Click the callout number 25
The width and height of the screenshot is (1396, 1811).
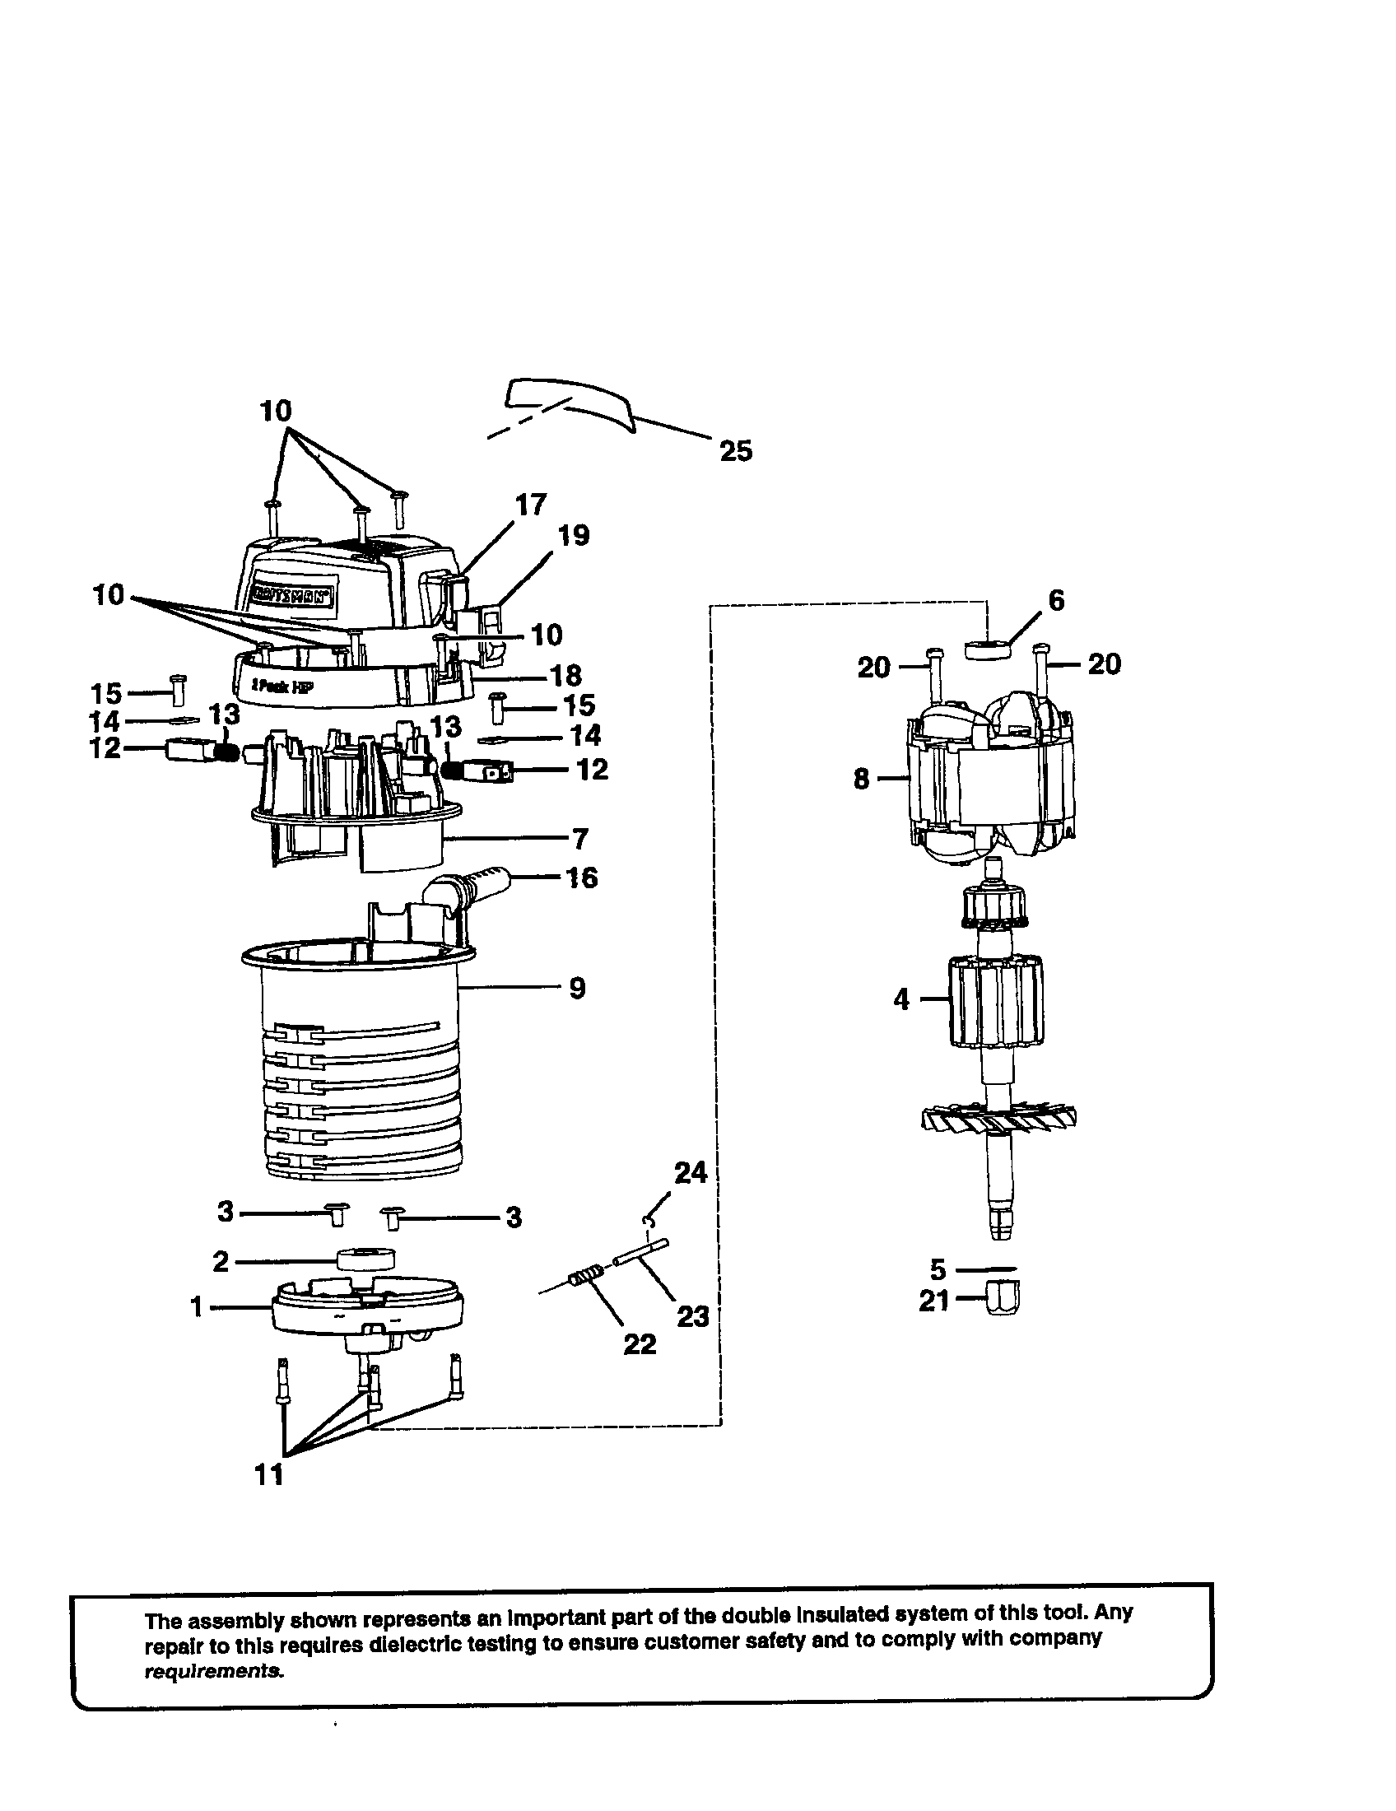735,451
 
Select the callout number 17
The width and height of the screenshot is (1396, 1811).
531,504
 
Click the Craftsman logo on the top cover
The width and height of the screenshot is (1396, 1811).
293,593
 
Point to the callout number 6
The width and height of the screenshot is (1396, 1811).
1056,600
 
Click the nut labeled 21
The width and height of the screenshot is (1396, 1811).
1003,1299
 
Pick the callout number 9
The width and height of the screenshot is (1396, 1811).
578,989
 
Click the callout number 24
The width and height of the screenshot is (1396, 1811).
691,1172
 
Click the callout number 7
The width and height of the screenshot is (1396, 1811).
579,839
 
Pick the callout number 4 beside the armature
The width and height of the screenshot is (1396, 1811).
901,1000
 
